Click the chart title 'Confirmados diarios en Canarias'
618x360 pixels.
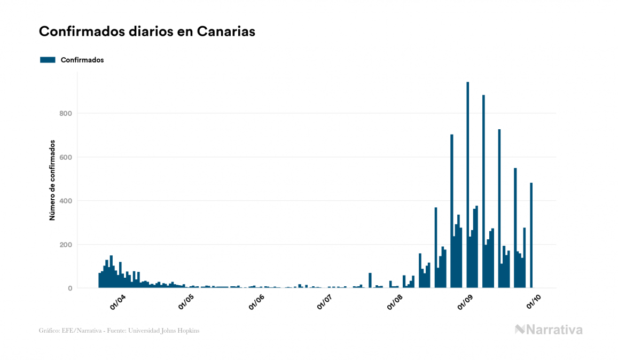click(147, 32)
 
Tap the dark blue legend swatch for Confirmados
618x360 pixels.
click(48, 60)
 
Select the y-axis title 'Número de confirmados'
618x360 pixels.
click(52, 180)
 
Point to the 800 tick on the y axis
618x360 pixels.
click(67, 113)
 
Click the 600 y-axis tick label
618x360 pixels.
click(67, 157)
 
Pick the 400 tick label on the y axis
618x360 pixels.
click(67, 201)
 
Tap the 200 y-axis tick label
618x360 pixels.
click(67, 245)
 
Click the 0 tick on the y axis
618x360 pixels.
click(70, 288)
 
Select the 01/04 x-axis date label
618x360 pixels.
click(118, 302)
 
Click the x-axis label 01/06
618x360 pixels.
click(256, 302)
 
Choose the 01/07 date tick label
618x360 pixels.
click(325, 302)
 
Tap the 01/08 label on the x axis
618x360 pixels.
click(395, 302)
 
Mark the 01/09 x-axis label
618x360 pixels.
click(465, 302)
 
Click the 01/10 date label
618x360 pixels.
click(534, 302)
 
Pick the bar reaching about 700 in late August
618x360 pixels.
click(451, 214)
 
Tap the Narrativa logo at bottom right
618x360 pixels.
click(549, 330)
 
